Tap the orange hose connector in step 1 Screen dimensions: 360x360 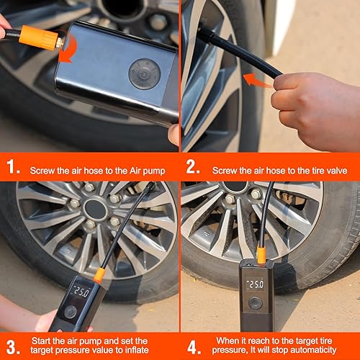point(42,37)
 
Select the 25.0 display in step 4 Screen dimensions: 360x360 point(256,284)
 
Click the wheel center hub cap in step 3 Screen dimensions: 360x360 point(95,210)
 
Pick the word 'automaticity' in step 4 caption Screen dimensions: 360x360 point(318,351)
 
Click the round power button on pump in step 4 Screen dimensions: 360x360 point(256,303)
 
